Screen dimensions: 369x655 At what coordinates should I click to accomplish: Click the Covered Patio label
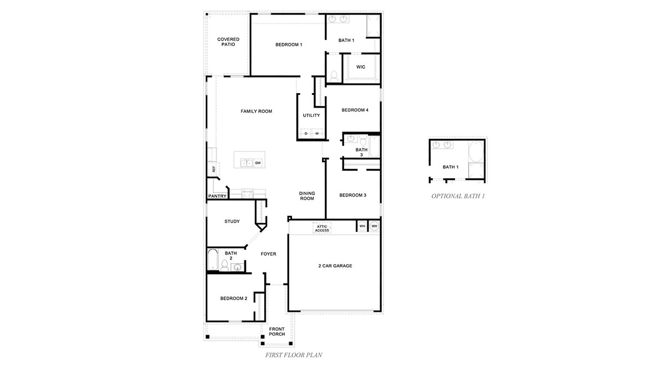pyautogui.click(x=228, y=42)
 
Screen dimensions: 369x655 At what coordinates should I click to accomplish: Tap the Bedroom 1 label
pyautogui.click(x=288, y=44)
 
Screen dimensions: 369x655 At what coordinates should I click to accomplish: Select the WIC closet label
pyautogui.click(x=361, y=67)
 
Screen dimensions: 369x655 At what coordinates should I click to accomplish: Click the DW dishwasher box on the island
pyautogui.click(x=258, y=163)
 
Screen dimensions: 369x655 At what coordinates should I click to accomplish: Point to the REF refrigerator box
pyautogui.click(x=213, y=169)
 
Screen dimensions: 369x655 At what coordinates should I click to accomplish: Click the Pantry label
pyautogui.click(x=217, y=196)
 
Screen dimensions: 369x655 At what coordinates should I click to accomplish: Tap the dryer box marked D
pyautogui.click(x=305, y=134)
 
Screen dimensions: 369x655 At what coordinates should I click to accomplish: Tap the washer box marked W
pyautogui.click(x=317, y=134)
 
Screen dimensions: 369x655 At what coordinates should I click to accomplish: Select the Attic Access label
pyautogui.click(x=322, y=228)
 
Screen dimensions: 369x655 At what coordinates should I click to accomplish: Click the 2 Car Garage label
pyautogui.click(x=335, y=266)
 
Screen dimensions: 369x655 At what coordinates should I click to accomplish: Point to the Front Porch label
pyautogui.click(x=277, y=331)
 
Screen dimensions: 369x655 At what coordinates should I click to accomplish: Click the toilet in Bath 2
pyautogui.click(x=224, y=266)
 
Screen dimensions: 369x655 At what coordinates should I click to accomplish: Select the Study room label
pyautogui.click(x=232, y=221)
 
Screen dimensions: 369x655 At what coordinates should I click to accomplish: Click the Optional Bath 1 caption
pyautogui.click(x=458, y=196)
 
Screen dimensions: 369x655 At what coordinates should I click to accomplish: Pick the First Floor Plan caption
pyautogui.click(x=294, y=353)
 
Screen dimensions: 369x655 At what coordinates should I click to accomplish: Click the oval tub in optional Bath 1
pyautogui.click(x=475, y=151)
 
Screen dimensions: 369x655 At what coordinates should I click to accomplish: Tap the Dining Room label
pyautogui.click(x=307, y=196)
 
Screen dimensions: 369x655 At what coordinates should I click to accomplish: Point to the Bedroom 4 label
pyautogui.click(x=355, y=110)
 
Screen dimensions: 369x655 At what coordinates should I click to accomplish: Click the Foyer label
pyautogui.click(x=268, y=254)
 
